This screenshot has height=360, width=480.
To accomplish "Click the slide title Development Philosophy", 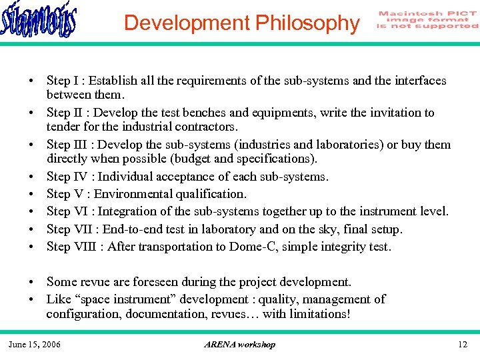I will pos(241,23).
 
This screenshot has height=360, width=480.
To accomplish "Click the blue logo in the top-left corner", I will pos(39,21).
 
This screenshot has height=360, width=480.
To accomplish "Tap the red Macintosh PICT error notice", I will pos(427,20).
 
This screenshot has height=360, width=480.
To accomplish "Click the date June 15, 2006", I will pos(34,344).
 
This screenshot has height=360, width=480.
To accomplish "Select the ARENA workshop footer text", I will pos(239,344).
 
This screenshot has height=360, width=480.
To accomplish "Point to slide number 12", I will pos(463,344).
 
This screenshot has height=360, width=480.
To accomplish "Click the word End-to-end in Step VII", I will pos(140,229).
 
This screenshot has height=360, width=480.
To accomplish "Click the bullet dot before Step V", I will pos(31,195).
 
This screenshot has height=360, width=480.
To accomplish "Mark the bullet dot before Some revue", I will pos(31,283).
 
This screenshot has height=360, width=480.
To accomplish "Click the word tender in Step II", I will pos(64,127).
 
